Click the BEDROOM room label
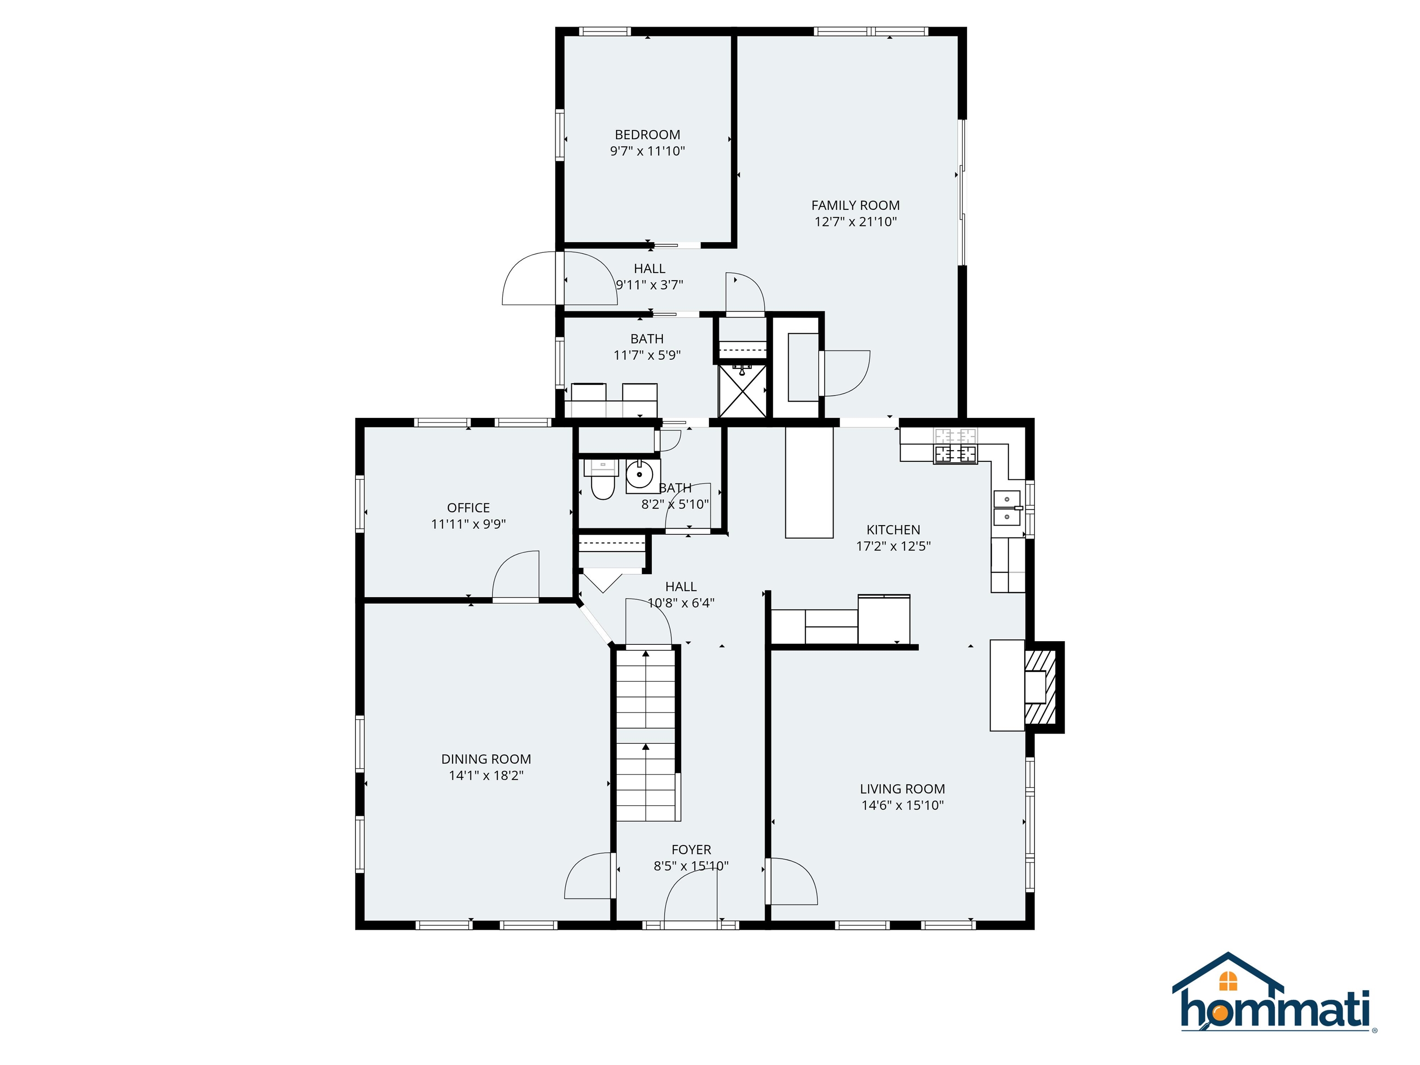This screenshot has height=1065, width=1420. (647, 135)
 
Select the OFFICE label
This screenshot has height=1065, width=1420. (468, 508)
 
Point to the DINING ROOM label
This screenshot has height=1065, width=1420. (486, 759)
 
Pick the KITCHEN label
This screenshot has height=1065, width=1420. (893, 530)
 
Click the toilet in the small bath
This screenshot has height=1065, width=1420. (602, 482)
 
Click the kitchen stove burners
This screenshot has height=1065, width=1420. (955, 446)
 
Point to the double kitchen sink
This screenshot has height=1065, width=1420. (1007, 508)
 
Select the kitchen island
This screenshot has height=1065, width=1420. (809, 483)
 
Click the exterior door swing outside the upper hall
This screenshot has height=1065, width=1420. (528, 279)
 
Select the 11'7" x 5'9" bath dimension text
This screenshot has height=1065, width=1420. (647, 355)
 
